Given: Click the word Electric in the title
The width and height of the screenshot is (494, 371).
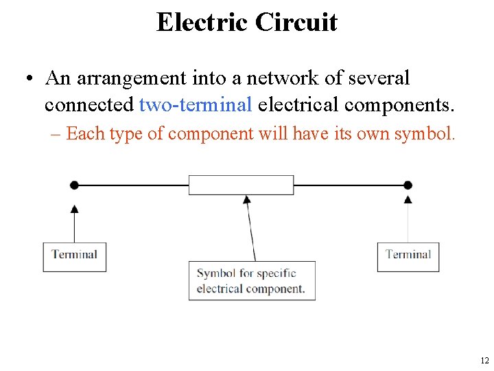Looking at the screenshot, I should click(x=202, y=22).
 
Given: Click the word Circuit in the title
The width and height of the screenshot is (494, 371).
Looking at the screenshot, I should click(x=296, y=22).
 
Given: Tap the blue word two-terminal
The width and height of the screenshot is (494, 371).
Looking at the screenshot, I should click(x=196, y=105).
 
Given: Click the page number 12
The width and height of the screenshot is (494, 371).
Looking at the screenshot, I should click(x=484, y=360).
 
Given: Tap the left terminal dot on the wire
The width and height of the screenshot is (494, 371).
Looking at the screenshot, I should click(x=74, y=185).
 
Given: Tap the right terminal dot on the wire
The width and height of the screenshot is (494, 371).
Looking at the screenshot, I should click(x=408, y=185).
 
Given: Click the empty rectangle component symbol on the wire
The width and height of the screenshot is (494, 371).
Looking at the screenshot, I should click(x=241, y=185).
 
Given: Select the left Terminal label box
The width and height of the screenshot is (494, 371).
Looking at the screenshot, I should click(x=74, y=256).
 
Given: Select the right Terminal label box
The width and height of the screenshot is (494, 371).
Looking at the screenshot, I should click(x=408, y=256).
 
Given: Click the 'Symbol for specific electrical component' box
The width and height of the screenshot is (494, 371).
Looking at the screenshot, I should click(x=252, y=280).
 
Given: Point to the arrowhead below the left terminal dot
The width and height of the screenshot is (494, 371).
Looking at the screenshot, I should click(x=74, y=207).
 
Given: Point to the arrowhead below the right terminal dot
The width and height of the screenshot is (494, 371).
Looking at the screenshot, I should click(x=408, y=199).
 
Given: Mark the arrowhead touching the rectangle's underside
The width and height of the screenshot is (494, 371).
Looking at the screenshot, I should click(x=247, y=199).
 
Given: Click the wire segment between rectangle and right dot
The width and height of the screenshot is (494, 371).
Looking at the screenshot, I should click(x=350, y=185).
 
